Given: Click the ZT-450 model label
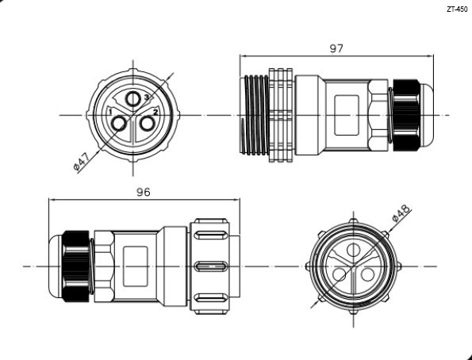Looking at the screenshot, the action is coord(457,10).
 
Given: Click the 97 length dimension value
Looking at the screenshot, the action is coord(336,48).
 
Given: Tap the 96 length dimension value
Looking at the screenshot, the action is coord(143,192).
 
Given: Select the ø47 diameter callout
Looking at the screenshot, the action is coord(81,162).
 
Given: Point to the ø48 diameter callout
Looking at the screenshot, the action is coord(401,213).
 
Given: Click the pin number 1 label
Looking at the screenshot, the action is coord(110,112).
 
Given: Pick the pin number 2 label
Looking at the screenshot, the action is coord(155,112).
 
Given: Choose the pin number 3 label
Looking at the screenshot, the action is coord(147,97).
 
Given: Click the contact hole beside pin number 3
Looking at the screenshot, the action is coord(132,99).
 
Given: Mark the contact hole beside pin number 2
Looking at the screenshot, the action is coord(148,124).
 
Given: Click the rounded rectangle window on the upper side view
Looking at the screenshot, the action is coord(347,115).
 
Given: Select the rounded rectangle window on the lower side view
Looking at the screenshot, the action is coord(136,266).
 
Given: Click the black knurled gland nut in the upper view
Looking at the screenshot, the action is coord(406,115).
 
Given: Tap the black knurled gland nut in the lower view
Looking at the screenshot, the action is coord(76,266).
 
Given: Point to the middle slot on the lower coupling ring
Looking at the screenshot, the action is coord(211,266).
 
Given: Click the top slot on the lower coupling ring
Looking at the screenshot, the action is coord(211,235).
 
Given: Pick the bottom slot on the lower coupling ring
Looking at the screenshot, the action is coord(211,298).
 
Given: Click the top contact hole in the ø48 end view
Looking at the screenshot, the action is coord(353,250).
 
